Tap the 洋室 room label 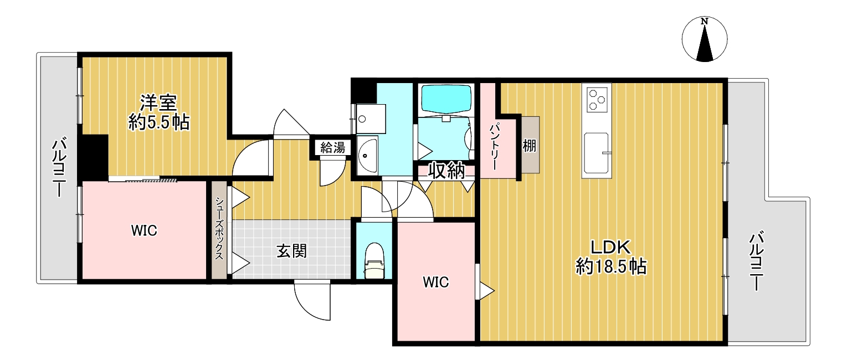pyautogui.click(x=159, y=102)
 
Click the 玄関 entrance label pyautogui.click(x=291, y=251)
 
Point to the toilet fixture pyautogui.click(x=374, y=260)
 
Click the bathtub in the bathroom pyautogui.click(x=446, y=99)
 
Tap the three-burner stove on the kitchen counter pyautogui.click(x=597, y=100)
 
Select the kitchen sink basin pyautogui.click(x=596, y=153)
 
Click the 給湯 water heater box pyautogui.click(x=333, y=147)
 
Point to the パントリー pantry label pyautogui.click(x=495, y=146)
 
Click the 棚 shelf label pyautogui.click(x=530, y=145)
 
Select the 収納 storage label pyautogui.click(x=446, y=171)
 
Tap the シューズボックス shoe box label pyautogui.click(x=219, y=228)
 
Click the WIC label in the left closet pyautogui.click(x=144, y=230)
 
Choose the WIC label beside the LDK pyautogui.click(x=435, y=282)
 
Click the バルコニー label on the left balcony pyautogui.click(x=59, y=168)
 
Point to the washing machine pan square pyautogui.click(x=371, y=119)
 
